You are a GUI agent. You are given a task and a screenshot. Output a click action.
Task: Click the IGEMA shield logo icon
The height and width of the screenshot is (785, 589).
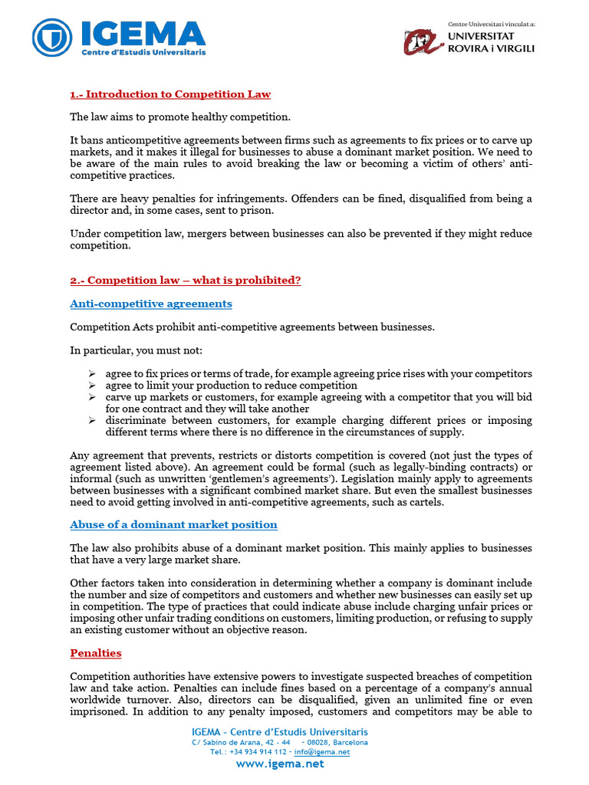[x=52, y=38]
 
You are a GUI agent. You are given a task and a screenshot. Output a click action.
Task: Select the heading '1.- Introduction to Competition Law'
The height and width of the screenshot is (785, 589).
[x=169, y=94]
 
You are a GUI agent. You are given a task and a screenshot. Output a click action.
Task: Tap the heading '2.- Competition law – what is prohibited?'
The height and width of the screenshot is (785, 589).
[x=185, y=280]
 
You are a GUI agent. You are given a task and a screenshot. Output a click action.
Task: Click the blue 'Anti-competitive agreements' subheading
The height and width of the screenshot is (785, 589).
[x=150, y=304]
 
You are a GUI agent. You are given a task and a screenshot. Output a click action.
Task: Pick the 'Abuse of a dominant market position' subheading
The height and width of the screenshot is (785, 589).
[x=173, y=524]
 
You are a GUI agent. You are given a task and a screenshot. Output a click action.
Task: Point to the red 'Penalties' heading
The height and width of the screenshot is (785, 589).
[x=95, y=653]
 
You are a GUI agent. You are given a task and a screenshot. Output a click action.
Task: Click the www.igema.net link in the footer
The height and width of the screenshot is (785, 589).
[x=279, y=764]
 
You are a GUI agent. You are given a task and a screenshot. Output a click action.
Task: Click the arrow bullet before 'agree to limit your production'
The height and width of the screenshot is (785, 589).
[x=91, y=386]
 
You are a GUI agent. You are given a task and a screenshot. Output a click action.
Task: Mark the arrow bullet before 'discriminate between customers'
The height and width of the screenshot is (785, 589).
[x=91, y=420]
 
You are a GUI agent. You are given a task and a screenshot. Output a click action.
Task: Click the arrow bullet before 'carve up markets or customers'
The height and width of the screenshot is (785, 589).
[x=91, y=397]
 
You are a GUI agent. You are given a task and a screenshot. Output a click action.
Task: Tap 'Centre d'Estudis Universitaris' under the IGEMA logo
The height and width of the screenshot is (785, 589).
[x=144, y=52]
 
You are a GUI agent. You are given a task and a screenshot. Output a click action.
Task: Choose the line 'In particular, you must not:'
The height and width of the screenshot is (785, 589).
[x=136, y=350]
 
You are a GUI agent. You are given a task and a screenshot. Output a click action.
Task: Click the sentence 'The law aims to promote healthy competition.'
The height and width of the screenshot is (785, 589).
[x=180, y=117]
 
